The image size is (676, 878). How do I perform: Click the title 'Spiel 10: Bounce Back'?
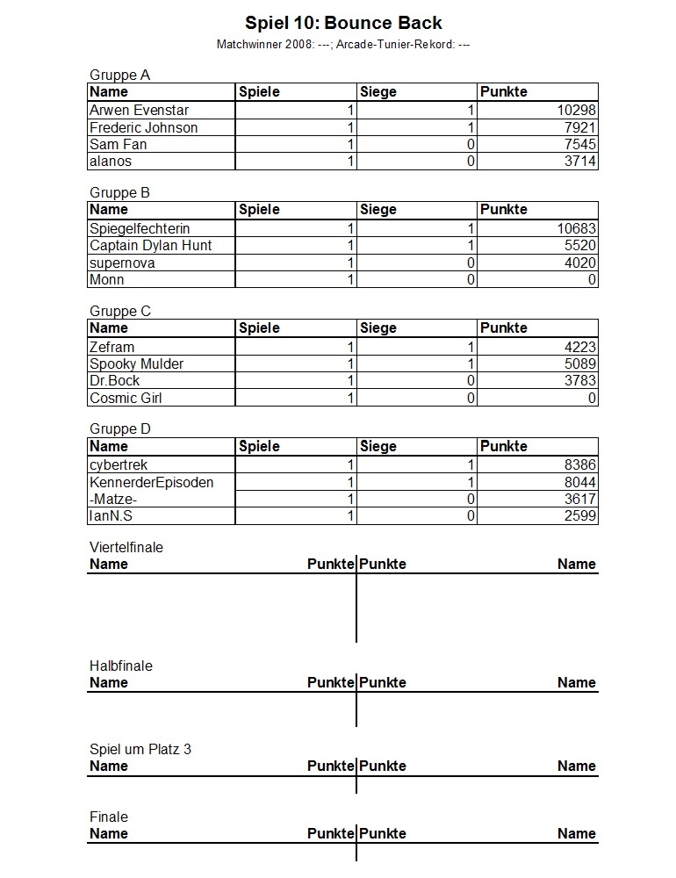(x=343, y=23)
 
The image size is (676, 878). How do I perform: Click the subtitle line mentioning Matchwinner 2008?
(x=343, y=44)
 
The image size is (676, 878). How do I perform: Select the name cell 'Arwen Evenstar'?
(x=139, y=111)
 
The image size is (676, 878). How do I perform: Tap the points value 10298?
(x=577, y=111)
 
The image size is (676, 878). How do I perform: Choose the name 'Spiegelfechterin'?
(x=140, y=228)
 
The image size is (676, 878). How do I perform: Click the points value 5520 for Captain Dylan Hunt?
(x=580, y=246)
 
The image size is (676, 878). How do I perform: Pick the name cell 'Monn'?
(x=107, y=280)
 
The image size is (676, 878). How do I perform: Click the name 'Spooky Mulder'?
(x=136, y=363)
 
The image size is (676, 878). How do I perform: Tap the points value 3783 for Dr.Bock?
(x=580, y=381)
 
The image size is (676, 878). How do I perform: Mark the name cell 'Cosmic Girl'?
(x=126, y=398)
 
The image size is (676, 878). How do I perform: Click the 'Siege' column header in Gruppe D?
(x=378, y=446)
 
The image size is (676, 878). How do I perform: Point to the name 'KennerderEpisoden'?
(x=151, y=482)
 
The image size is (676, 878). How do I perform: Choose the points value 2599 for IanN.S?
(x=580, y=516)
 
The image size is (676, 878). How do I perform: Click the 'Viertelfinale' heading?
(x=126, y=547)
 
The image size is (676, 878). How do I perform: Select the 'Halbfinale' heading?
(x=121, y=666)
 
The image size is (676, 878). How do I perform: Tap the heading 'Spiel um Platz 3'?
(x=140, y=749)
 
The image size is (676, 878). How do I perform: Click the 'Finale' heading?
(x=109, y=817)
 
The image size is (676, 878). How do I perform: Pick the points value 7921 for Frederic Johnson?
(x=580, y=128)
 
